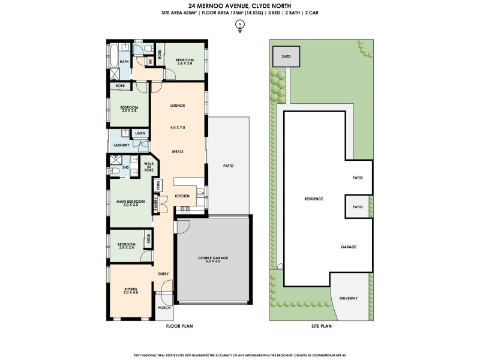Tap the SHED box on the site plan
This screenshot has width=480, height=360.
click(x=281, y=57)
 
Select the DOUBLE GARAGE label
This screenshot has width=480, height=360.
click(x=213, y=259)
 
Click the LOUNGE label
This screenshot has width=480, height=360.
click(x=177, y=106)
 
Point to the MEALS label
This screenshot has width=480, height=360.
click(x=177, y=152)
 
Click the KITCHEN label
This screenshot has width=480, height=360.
click(x=182, y=196)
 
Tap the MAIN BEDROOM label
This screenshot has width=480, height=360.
click(x=127, y=203)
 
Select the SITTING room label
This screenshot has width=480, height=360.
click(x=131, y=290)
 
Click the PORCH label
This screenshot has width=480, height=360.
click(x=164, y=308)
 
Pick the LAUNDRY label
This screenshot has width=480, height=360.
click(x=118, y=145)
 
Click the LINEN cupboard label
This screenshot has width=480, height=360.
click(x=140, y=133)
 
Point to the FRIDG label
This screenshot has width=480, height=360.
click(x=158, y=185)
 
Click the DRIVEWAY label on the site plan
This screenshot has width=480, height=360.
click(x=349, y=298)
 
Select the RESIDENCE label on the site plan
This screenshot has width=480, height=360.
click(x=314, y=199)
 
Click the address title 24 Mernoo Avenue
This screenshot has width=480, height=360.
click(x=240, y=7)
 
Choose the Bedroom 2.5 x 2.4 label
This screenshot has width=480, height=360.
click(x=126, y=245)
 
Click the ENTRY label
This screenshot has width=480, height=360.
click(x=163, y=274)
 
